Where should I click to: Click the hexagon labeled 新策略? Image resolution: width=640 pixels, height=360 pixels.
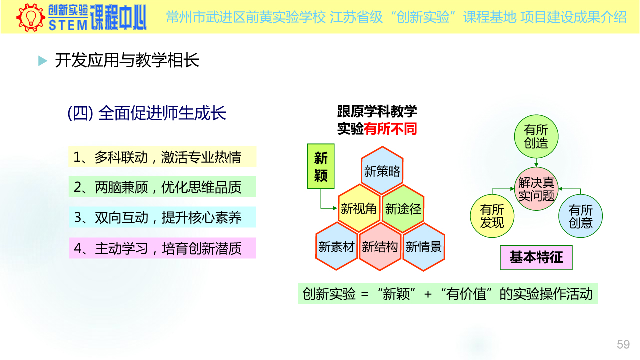coord(382,171)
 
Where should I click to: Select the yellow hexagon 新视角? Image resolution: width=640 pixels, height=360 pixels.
coord(359,208)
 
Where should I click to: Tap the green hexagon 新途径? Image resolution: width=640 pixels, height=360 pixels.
coord(403,208)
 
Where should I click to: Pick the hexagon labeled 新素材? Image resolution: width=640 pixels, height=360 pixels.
coord(337,246)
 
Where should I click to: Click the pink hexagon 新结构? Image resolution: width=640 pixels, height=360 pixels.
coord(380,246)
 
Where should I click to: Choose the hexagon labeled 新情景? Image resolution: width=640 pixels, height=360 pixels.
coord(424,247)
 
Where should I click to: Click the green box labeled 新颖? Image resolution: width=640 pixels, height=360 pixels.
coord(321,166)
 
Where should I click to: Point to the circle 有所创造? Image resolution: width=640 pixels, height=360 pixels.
coord(536,136)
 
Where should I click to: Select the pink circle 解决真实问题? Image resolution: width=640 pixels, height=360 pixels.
coord(536,189)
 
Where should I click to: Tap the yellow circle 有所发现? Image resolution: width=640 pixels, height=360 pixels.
coord(492,216)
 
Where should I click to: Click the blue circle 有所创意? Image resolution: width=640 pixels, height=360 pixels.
coord(580,216)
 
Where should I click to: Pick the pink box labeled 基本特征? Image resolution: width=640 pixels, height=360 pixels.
coord(536,257)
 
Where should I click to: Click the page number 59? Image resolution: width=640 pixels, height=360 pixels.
coord(623,344)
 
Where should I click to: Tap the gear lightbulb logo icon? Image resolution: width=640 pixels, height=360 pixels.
coord(31,17)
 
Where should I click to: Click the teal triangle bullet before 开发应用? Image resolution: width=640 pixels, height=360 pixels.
coord(43,61)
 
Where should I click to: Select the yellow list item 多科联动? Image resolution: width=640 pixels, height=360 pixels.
coord(162,157)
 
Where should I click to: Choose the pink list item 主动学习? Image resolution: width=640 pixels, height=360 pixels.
coord(162,248)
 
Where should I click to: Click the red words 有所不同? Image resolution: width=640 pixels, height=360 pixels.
coord(390,129)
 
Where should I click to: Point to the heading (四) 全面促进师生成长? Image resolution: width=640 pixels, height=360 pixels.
coord(147,113)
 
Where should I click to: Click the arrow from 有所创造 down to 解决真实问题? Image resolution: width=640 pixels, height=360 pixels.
coord(536,163)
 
